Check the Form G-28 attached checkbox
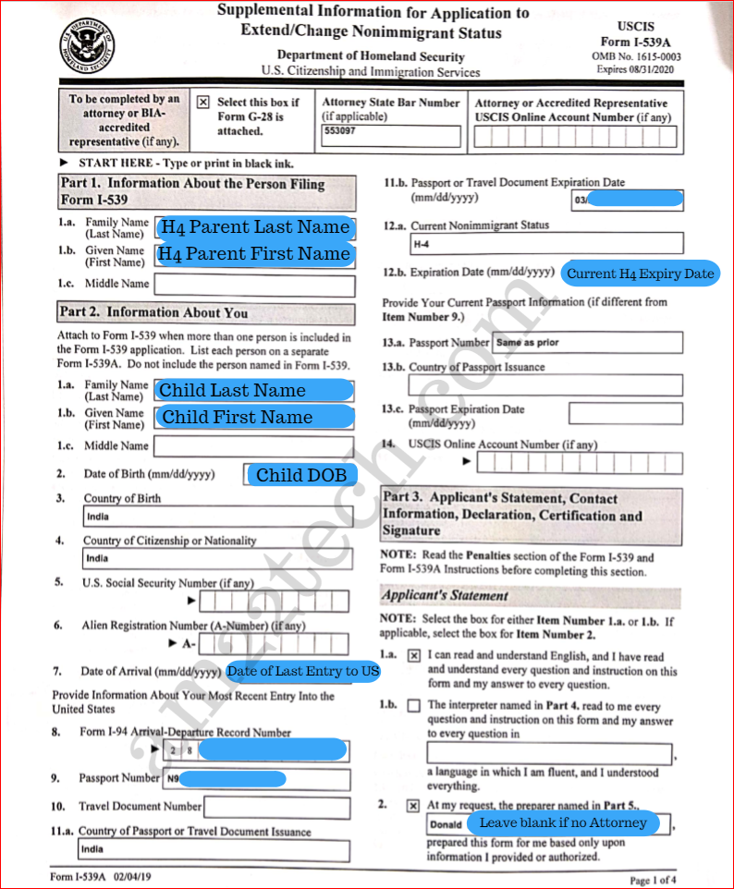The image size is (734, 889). coord(203,103)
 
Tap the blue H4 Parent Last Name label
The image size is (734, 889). coord(254,227)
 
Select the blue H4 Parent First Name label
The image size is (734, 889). coord(254,254)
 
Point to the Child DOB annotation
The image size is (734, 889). coord(301,475)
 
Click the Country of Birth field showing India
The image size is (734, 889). coord(216,517)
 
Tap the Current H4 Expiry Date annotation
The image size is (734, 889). coord(641,274)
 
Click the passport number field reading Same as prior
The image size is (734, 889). coord(587,343)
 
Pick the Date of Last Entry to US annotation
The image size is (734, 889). coord(303,672)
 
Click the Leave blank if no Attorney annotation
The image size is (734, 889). coord(563,822)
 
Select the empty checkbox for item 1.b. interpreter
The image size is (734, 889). coord(413,706)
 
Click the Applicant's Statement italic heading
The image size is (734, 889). coord(445,596)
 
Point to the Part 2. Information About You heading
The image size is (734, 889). coord(153,313)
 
